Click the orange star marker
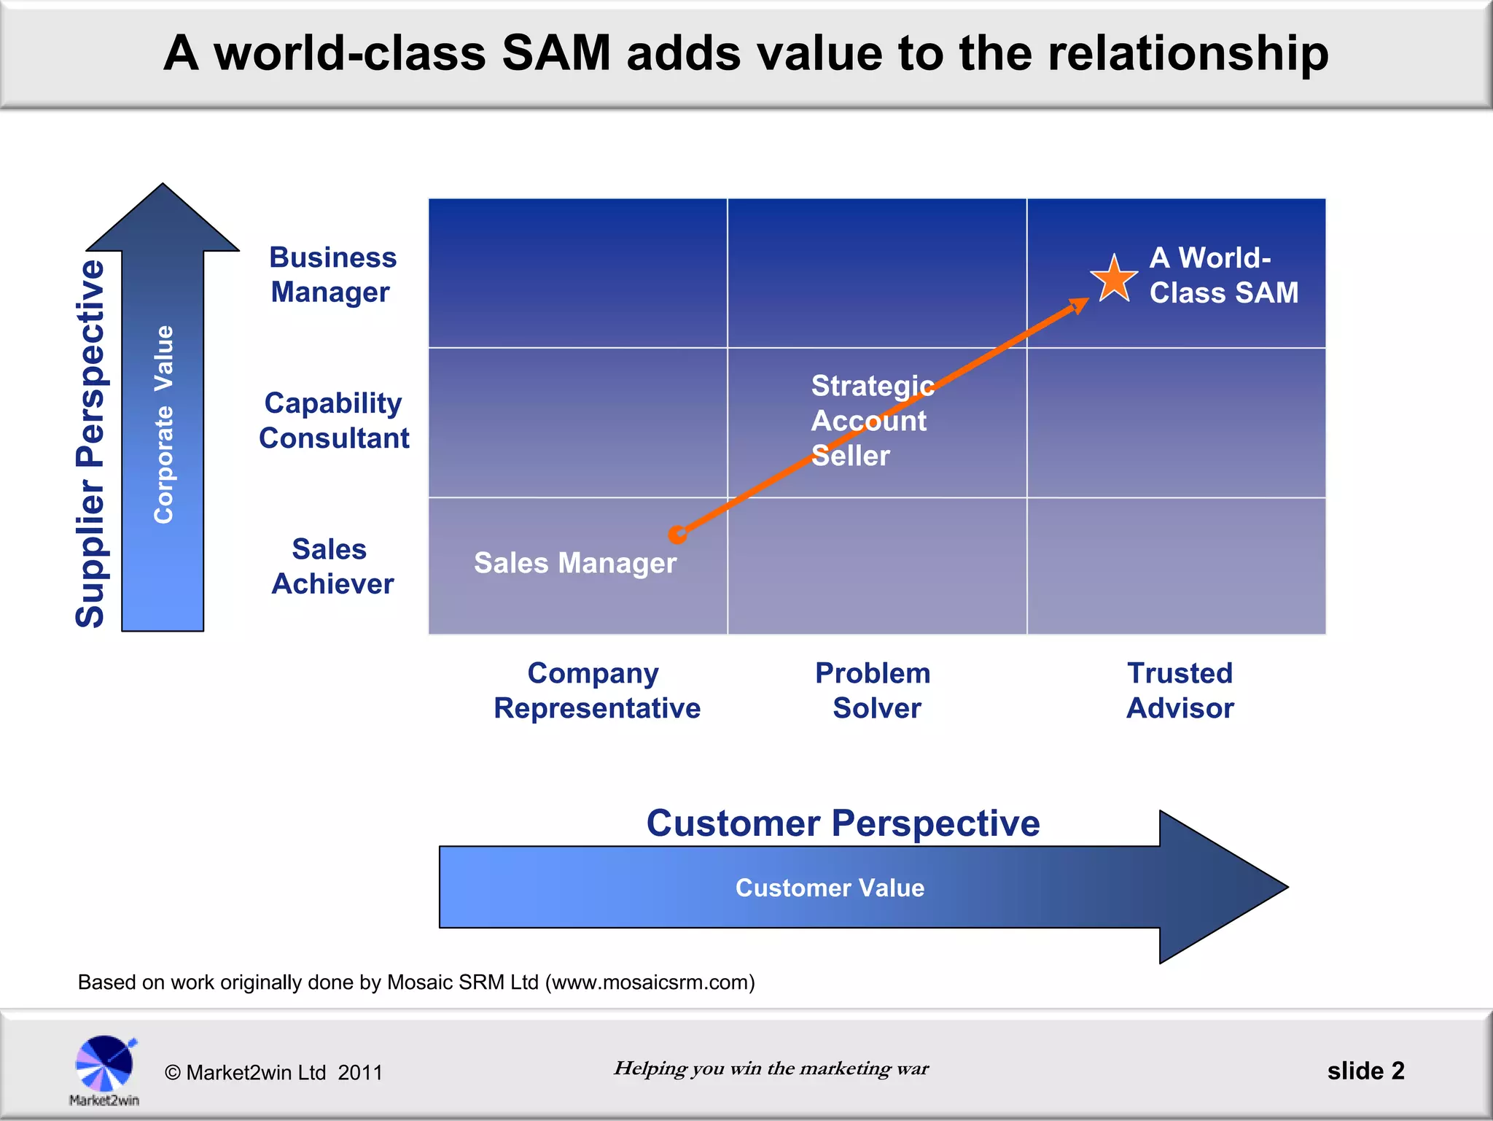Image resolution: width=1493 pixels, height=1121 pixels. [1114, 279]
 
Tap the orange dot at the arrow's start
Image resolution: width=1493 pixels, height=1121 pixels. [677, 535]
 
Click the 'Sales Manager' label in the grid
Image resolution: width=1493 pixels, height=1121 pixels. [574, 563]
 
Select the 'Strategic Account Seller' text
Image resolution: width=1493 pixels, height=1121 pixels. [871, 421]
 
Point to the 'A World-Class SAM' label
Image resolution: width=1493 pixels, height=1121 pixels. [1223, 276]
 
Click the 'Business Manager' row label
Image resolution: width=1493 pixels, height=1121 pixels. [332, 275]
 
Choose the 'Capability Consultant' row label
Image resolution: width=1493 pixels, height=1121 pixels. [334, 421]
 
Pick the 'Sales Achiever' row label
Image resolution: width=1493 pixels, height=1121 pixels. [332, 567]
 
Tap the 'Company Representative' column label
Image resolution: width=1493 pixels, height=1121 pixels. [596, 691]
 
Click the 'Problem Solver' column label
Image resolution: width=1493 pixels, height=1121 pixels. [873, 691]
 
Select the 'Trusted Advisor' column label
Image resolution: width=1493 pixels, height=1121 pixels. [1180, 691]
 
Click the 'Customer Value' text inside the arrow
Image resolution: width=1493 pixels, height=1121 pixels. [830, 888]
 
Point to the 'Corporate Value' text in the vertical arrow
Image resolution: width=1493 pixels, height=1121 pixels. [164, 424]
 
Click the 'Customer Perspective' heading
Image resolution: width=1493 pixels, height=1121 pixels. [843, 823]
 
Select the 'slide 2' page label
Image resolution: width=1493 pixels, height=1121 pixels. [1365, 1071]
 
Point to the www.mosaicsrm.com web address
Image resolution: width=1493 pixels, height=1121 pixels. [650, 982]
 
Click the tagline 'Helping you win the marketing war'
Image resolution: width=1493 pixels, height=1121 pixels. [771, 1068]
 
